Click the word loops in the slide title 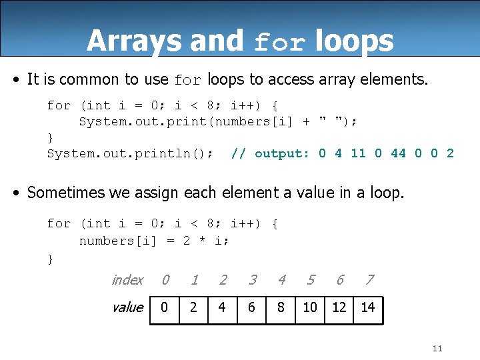tap(354, 41)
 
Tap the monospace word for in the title tap(280, 43)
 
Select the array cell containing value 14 tap(368, 307)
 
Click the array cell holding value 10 tap(310, 307)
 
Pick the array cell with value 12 tap(339, 307)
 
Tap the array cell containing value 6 tap(252, 307)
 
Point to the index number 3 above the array tap(252, 280)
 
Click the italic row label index tap(127, 280)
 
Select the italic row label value tap(127, 307)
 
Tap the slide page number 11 tap(437, 349)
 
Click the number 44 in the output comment tap(398, 153)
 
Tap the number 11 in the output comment tap(358, 153)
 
